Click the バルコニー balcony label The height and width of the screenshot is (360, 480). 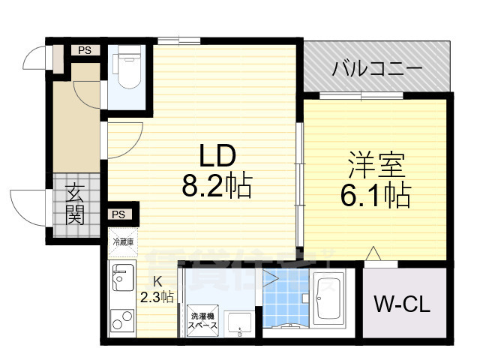pyautogui.click(x=378, y=71)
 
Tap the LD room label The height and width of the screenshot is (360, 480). pyautogui.click(x=217, y=156)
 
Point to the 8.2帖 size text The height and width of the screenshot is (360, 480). pyautogui.click(x=217, y=184)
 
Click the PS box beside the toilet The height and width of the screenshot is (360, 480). pyautogui.click(x=84, y=51)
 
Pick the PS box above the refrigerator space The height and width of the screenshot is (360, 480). pyautogui.click(x=118, y=214)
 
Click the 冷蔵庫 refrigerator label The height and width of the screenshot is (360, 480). pyautogui.click(x=123, y=241)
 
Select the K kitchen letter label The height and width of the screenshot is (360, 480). pyautogui.click(x=157, y=282)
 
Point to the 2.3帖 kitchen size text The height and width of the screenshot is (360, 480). pyautogui.click(x=157, y=297)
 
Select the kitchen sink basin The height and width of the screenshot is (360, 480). pyautogui.click(x=121, y=281)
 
